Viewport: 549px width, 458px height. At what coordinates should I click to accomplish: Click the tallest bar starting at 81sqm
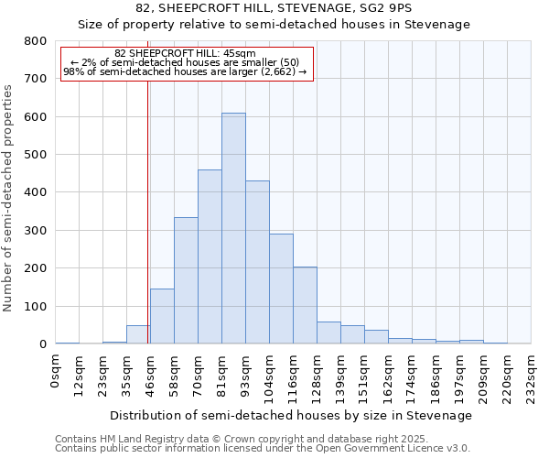(x=233, y=228)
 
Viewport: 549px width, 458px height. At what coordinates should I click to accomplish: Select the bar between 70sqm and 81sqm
(x=210, y=256)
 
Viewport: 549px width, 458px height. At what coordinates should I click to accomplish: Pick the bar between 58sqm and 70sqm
(x=186, y=280)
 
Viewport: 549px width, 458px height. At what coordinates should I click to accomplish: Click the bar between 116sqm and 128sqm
(x=305, y=305)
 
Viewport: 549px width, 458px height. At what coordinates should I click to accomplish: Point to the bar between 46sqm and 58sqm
(x=162, y=316)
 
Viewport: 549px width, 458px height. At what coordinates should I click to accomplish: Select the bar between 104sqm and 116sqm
(x=281, y=289)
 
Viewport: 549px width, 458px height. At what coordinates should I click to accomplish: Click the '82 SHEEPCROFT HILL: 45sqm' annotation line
(x=186, y=53)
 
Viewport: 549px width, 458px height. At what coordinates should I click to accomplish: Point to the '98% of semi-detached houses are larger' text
(x=186, y=71)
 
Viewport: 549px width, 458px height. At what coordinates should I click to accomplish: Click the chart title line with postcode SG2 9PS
(x=274, y=8)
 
